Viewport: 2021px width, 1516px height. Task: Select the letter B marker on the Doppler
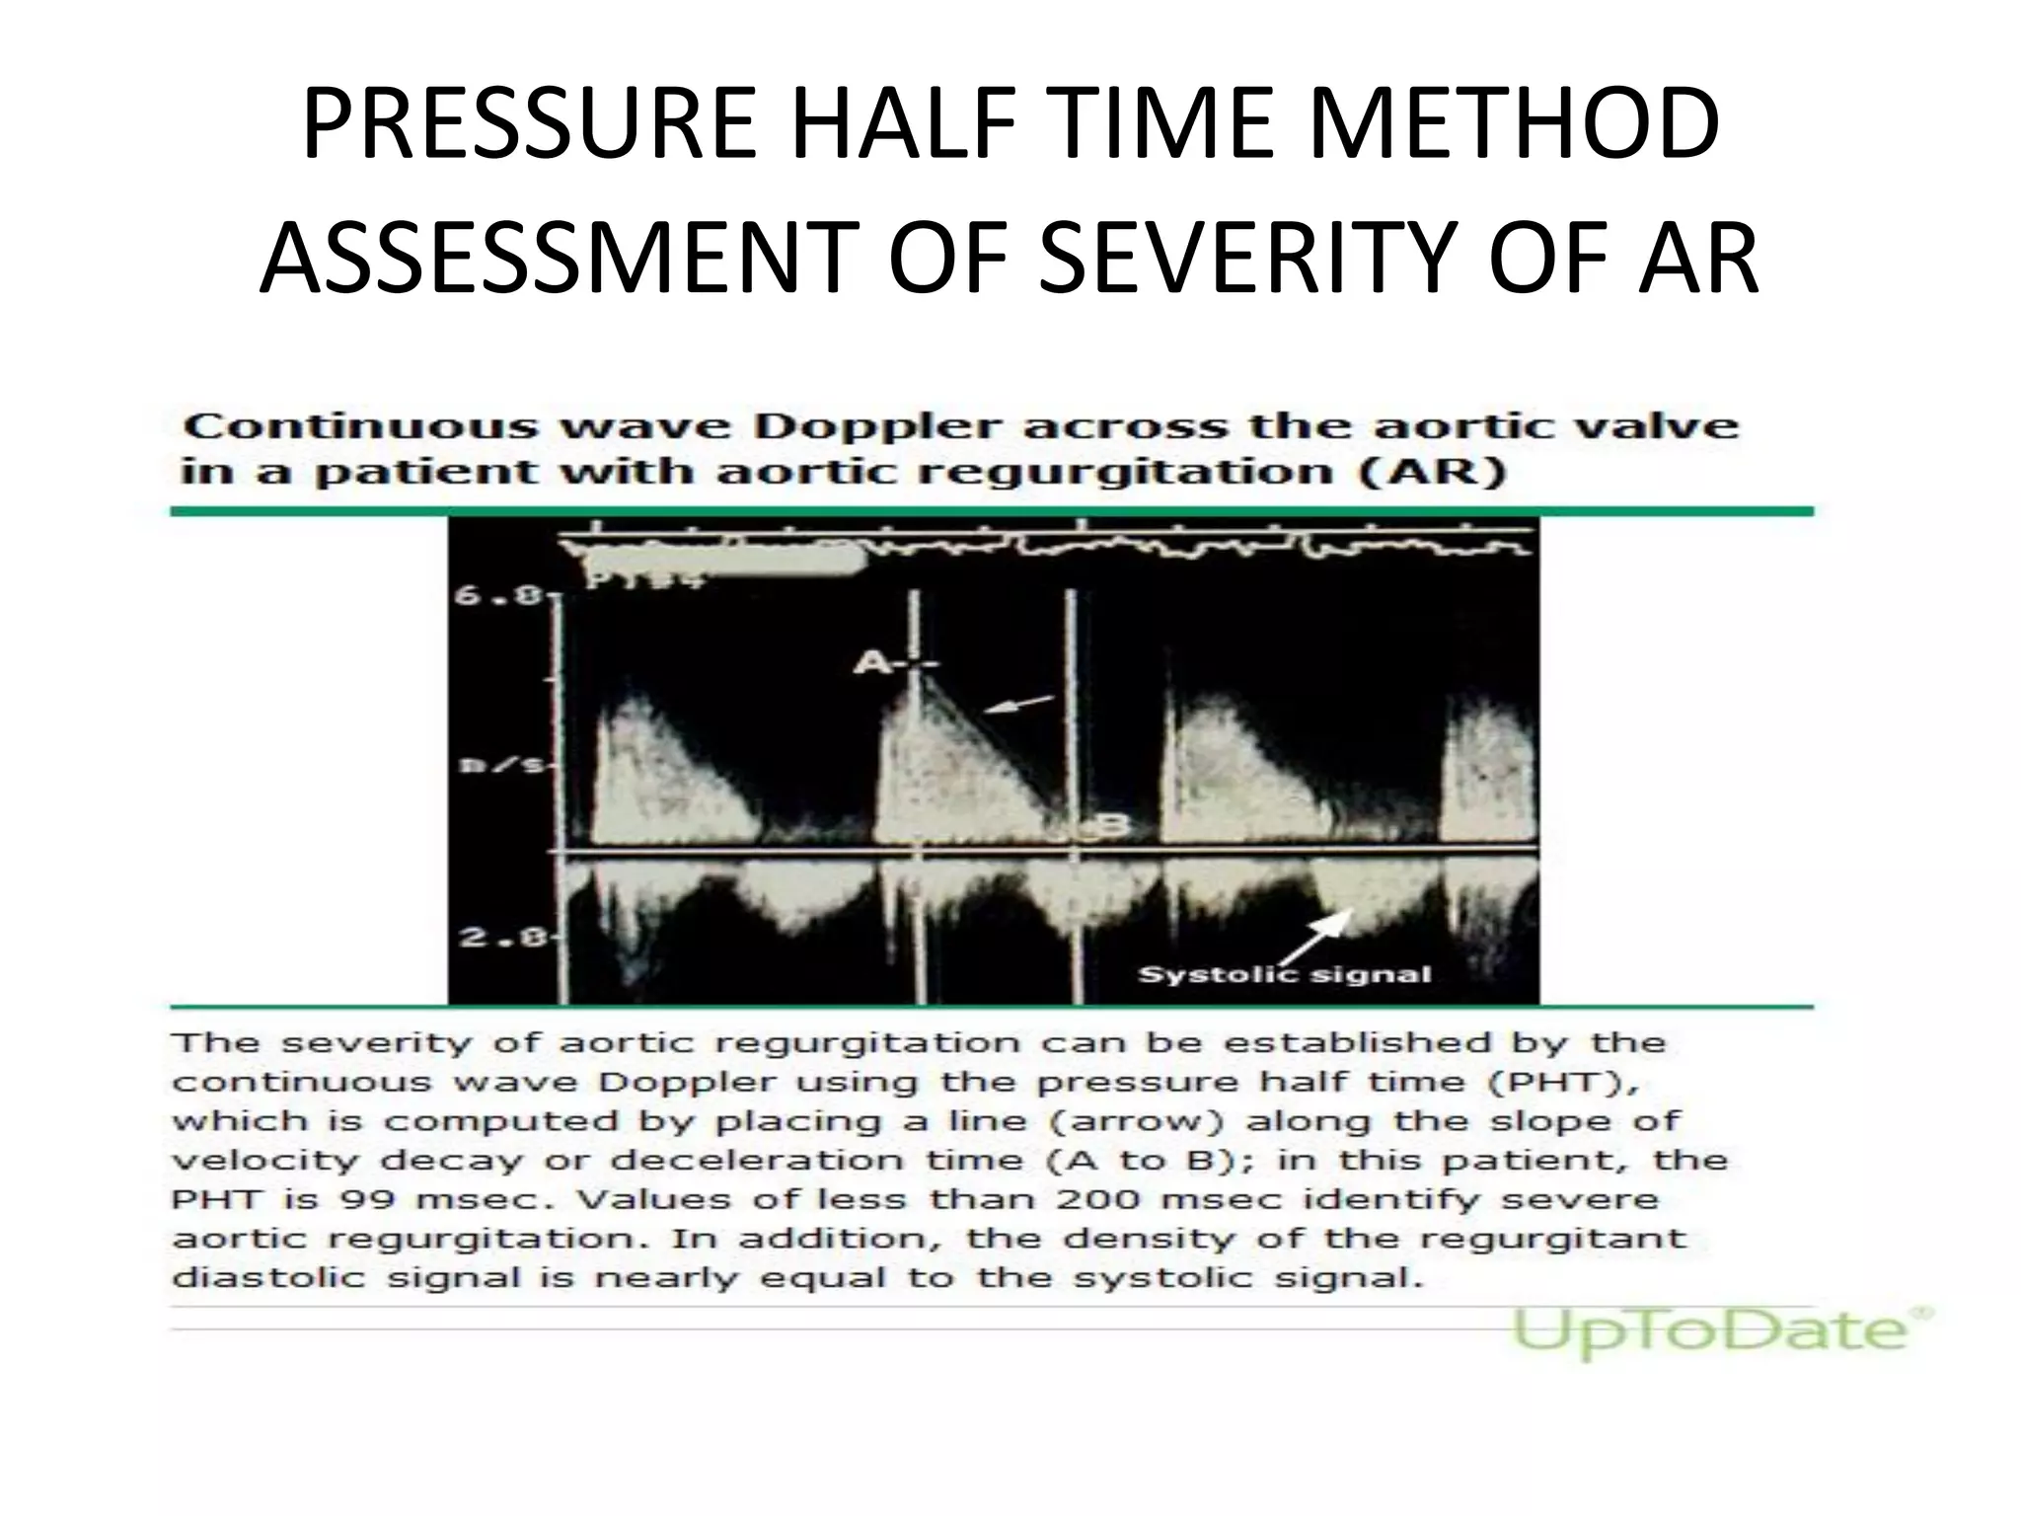pyautogui.click(x=1109, y=826)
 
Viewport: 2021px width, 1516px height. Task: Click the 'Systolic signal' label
pyautogui.click(x=1284, y=975)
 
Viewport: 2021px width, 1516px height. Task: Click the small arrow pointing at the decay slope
pyautogui.click(x=1018, y=704)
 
